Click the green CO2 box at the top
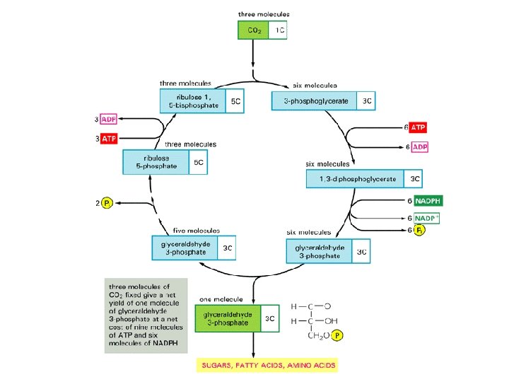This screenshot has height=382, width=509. pos(252,30)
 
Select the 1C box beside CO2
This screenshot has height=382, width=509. pos(278,30)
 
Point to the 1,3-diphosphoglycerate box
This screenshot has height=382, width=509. pos(356,179)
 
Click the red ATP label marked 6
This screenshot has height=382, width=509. pos(419,127)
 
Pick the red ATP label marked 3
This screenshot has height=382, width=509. pos(109,139)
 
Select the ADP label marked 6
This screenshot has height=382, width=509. pos(420,146)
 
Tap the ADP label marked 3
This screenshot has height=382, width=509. pos(109,119)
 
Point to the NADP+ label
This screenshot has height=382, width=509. pos(427,218)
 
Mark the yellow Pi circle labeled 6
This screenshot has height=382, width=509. pos(419,231)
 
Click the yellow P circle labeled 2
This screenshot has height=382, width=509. pos(107,203)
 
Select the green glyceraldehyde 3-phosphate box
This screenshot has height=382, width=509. pos(226,318)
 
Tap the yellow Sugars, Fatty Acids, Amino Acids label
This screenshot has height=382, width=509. pos(268,365)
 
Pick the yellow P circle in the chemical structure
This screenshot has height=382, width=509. pos(337,336)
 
